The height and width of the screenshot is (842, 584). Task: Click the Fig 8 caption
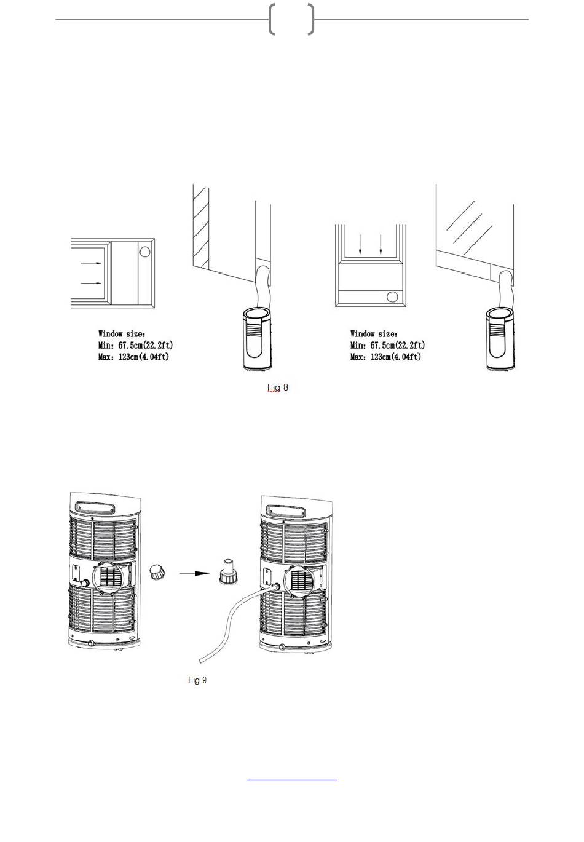[x=278, y=387]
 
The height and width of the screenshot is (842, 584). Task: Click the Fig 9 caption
[x=197, y=680]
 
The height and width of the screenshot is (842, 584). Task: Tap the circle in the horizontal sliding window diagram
[x=144, y=252]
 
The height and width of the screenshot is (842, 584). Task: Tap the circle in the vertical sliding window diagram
[x=392, y=298]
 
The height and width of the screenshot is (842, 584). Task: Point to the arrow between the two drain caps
[x=194, y=573]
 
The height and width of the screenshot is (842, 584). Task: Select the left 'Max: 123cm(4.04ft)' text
[x=133, y=357]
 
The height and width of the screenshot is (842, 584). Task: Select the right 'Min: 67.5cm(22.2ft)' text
[x=387, y=345]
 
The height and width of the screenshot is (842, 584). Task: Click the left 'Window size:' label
[x=122, y=334]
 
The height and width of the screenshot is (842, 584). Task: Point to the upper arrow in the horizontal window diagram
[x=90, y=263]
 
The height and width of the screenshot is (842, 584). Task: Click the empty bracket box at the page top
[x=291, y=19]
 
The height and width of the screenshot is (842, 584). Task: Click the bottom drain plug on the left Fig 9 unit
[x=91, y=643]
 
